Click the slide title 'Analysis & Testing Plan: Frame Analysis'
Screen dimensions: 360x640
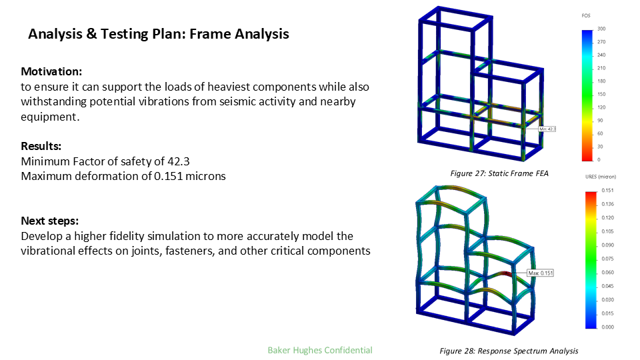pos(159,34)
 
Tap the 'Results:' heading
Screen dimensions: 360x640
pos(42,146)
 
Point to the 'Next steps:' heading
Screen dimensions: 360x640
pos(50,221)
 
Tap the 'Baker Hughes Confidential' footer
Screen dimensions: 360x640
pos(319,350)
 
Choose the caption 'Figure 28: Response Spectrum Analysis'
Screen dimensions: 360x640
pos(509,351)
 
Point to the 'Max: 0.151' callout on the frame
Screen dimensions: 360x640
pos(541,273)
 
